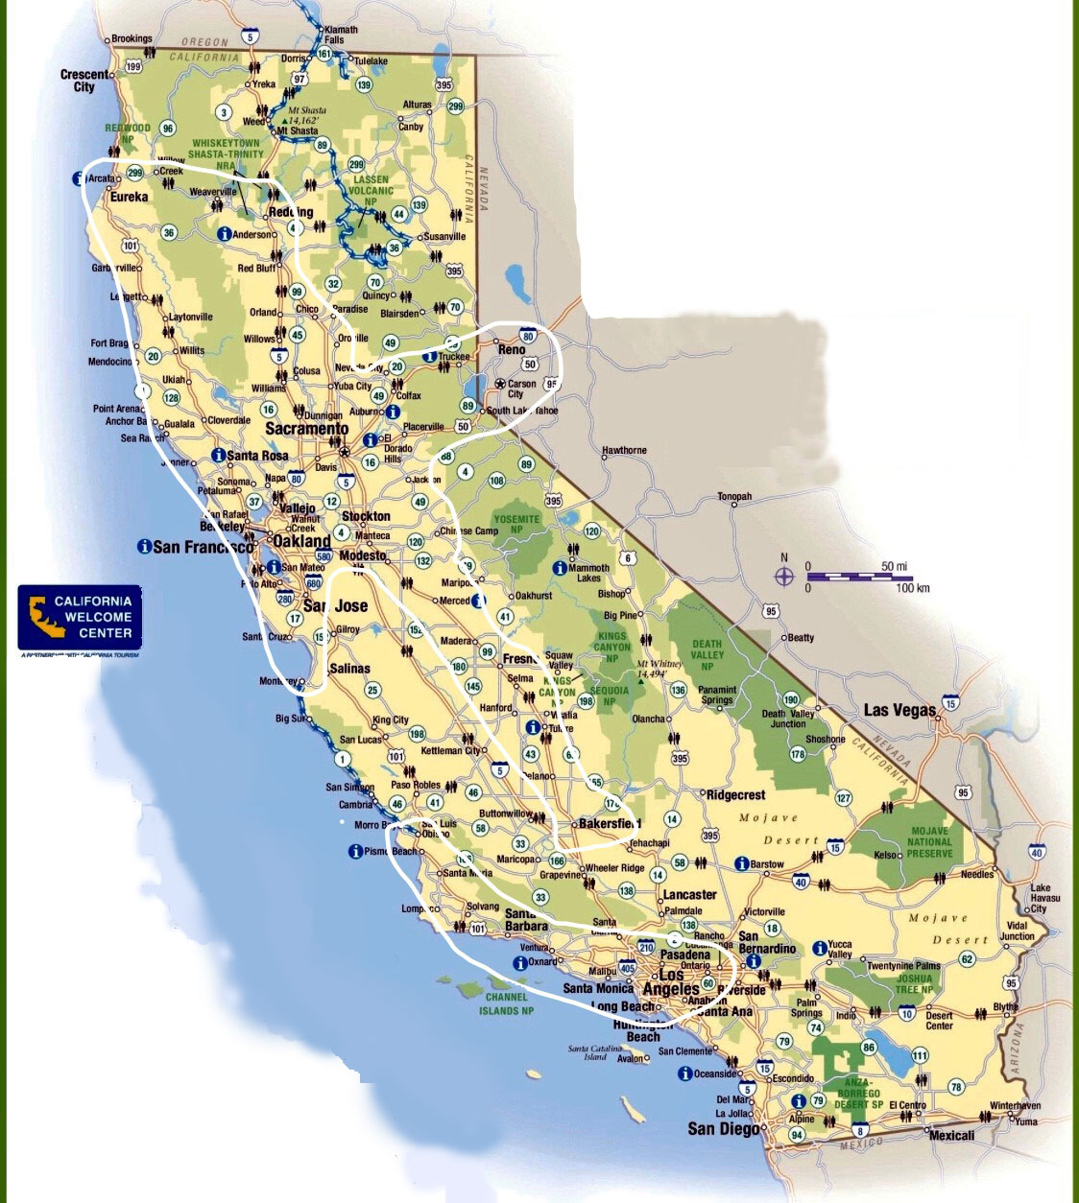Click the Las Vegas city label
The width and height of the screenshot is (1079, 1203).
click(x=899, y=711)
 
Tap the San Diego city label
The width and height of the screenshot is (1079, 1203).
click(x=723, y=1129)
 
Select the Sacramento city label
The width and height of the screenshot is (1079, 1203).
click(x=306, y=429)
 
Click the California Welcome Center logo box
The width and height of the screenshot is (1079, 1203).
click(x=80, y=618)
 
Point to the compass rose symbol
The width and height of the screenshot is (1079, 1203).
click(x=784, y=577)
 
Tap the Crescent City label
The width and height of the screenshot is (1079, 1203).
click(x=84, y=81)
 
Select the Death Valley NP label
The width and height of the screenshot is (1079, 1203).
click(x=707, y=654)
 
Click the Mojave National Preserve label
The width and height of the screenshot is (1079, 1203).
click(x=929, y=842)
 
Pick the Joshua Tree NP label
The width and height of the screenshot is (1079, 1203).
click(x=914, y=983)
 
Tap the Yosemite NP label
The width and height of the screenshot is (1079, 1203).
click(x=517, y=524)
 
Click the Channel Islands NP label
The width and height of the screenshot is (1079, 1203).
click(x=506, y=1003)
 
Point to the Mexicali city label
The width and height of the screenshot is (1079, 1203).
click(x=951, y=1136)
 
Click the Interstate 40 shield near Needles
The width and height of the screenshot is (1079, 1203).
click(x=1036, y=852)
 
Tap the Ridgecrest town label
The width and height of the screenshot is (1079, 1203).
click(x=735, y=795)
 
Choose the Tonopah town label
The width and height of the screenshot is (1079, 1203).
click(x=734, y=497)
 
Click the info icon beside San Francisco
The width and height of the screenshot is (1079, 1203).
click(x=144, y=546)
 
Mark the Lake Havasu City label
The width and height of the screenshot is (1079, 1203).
click(x=1041, y=898)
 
